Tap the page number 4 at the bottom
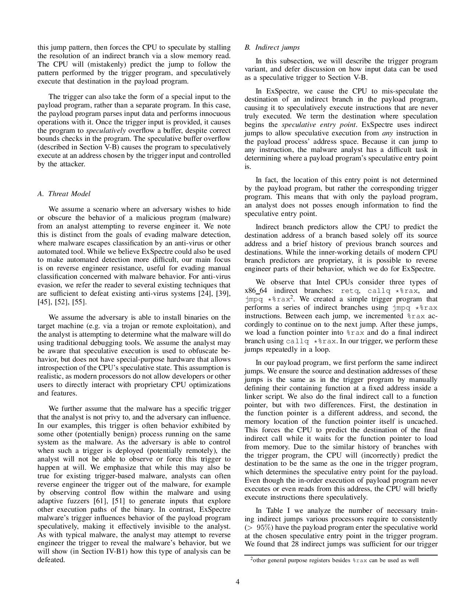[238, 582]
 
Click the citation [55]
[79, 302]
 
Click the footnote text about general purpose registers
[334, 561]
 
